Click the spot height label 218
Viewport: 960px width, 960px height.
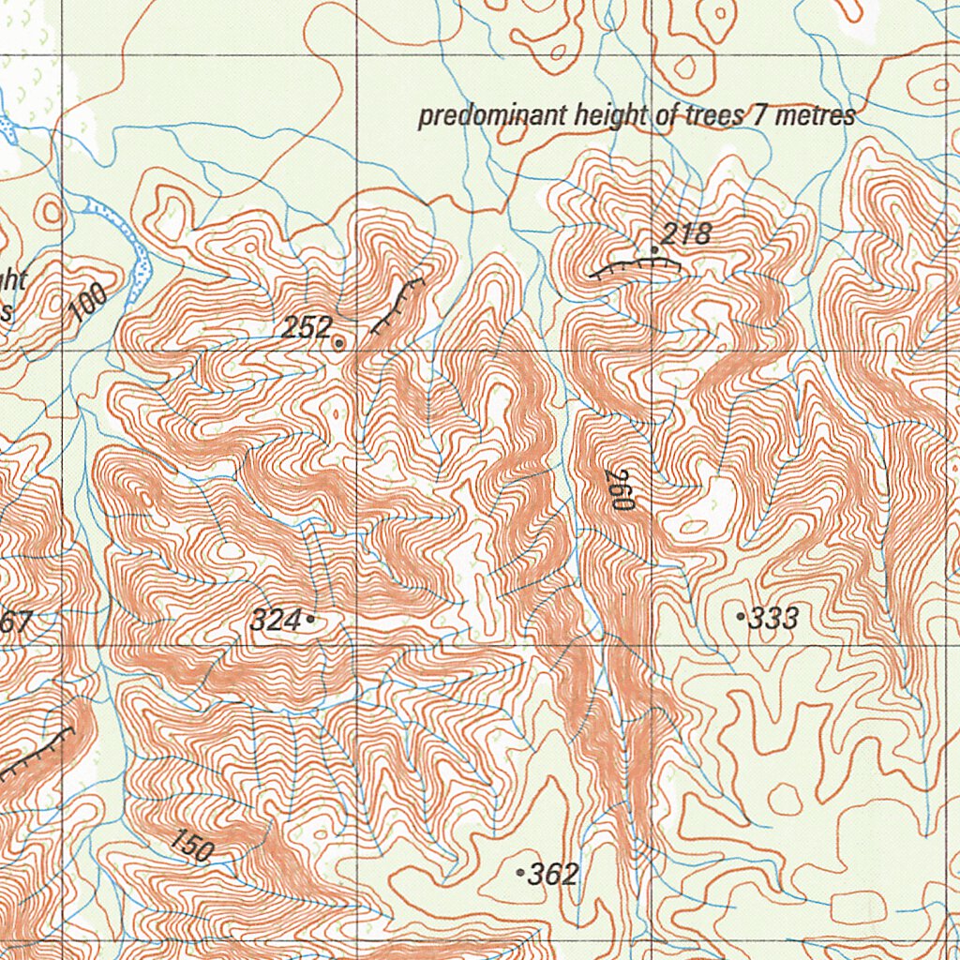point(686,233)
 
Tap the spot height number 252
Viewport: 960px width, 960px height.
point(307,327)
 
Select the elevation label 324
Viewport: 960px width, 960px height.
point(276,620)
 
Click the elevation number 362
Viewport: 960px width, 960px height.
point(554,875)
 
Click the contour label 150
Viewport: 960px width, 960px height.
point(192,846)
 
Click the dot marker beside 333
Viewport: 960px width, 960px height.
point(742,617)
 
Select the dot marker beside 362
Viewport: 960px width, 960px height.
point(520,873)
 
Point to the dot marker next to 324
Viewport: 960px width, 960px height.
point(310,619)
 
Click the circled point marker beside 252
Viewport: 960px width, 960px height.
point(338,343)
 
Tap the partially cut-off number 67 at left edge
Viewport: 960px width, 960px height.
point(16,622)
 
